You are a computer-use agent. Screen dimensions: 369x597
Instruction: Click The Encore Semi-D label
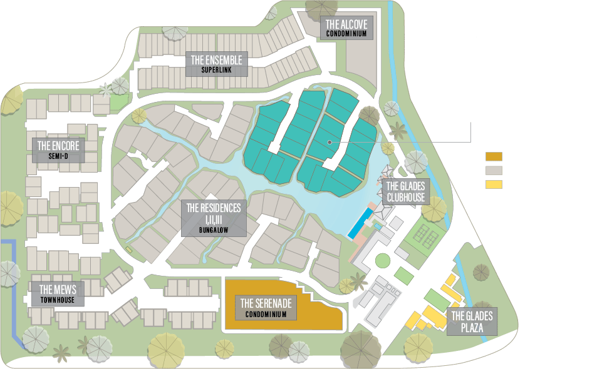pos(58,151)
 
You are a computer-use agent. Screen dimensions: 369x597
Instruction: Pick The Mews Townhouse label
pos(58,294)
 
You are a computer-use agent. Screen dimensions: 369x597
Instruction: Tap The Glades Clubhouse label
pos(405,191)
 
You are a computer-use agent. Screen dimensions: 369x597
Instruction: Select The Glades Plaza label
pos(472,322)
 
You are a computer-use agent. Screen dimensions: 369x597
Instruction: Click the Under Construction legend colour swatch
pos(494,157)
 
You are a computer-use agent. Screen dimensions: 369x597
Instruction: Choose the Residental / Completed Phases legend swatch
pos(494,171)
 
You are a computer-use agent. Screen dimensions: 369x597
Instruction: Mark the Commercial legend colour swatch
pos(494,185)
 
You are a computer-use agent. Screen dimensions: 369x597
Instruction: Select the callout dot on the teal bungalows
pos(328,143)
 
